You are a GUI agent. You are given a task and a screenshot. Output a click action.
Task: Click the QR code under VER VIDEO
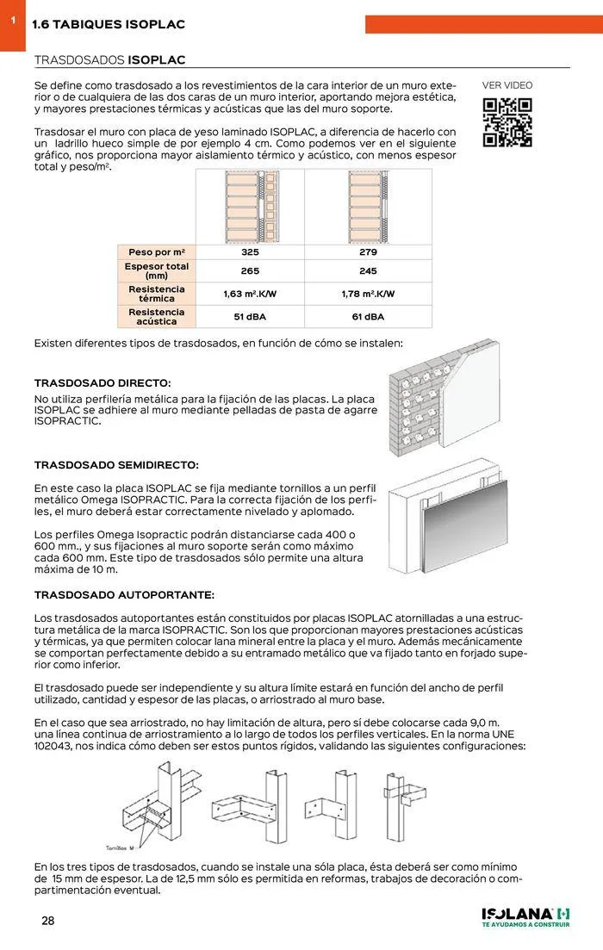point(507,123)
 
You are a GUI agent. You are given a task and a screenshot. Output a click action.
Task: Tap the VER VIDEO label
point(507,85)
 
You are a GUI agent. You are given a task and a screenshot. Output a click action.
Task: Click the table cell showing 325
point(250,252)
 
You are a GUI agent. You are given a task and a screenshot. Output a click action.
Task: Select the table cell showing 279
point(368,252)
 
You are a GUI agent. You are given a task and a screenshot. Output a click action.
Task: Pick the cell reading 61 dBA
point(368,317)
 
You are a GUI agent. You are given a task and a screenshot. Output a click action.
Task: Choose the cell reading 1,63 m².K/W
point(250,294)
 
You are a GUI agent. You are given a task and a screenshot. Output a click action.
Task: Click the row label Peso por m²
point(157,252)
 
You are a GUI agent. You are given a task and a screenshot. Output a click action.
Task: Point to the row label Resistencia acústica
point(157,316)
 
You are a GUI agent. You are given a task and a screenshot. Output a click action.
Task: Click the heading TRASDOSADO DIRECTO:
point(103,382)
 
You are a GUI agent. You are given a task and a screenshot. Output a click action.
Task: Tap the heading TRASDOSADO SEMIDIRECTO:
point(116,465)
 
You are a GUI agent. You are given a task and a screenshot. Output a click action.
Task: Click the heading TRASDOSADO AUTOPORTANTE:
point(124,595)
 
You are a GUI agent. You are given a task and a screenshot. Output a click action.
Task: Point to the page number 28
point(48,921)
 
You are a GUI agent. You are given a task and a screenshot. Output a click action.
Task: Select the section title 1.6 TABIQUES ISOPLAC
point(109,25)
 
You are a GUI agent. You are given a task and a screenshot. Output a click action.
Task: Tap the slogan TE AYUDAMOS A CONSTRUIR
point(525,926)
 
